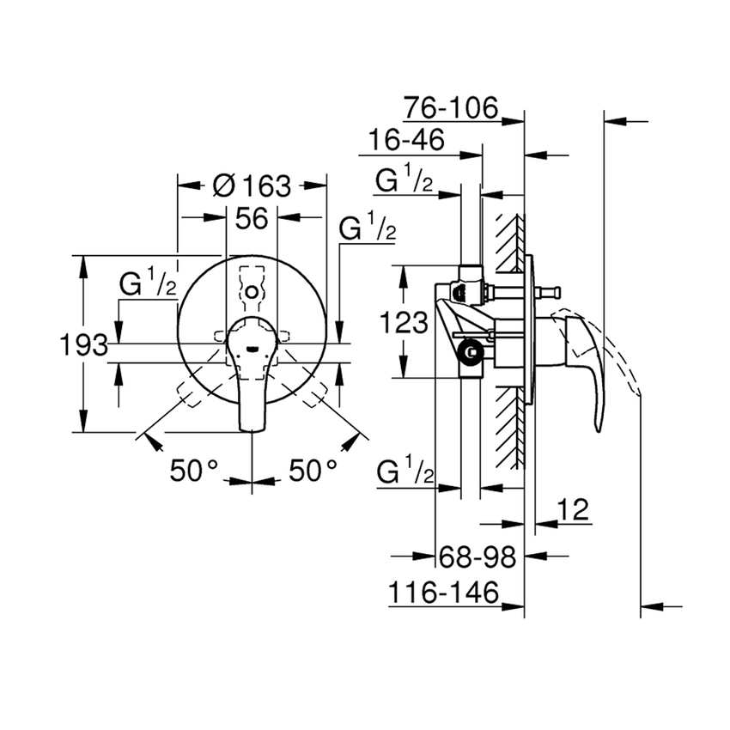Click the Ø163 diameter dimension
pyautogui.click(x=251, y=186)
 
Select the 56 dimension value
pyautogui.click(x=252, y=219)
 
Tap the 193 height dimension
pyautogui.click(x=83, y=345)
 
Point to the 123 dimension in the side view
pyautogui.click(x=405, y=323)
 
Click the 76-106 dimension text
pyautogui.click(x=450, y=108)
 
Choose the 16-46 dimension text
pyautogui.click(x=406, y=140)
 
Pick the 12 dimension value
pyautogui.click(x=574, y=510)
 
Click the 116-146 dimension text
pyautogui.click(x=443, y=592)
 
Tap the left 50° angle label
pyautogui.click(x=195, y=470)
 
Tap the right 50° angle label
pyautogui.click(x=312, y=470)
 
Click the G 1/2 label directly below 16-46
pyautogui.click(x=405, y=180)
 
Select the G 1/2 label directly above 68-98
pyautogui.click(x=405, y=473)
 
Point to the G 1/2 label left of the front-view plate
pyautogui.click(x=148, y=285)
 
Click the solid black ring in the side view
pyautogui.click(x=470, y=350)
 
